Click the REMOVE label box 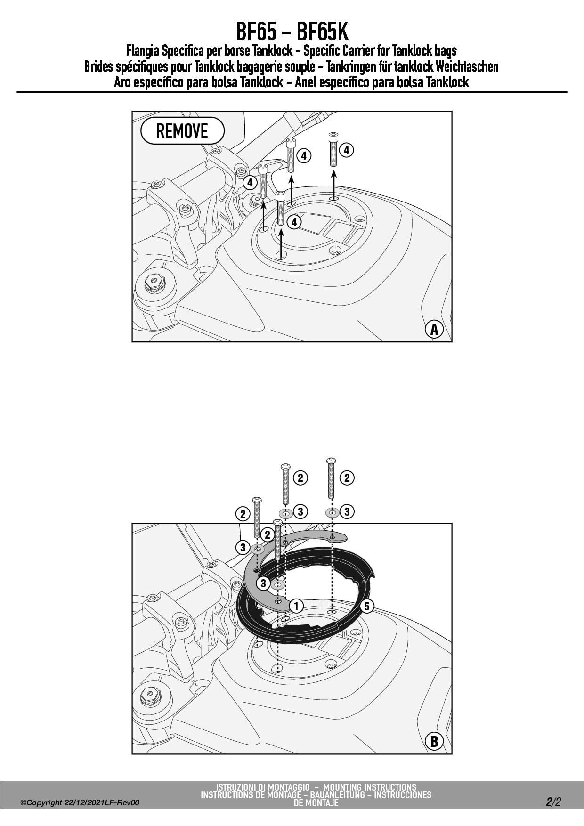tap(182, 130)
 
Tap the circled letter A tap(434, 329)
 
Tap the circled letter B tap(434, 742)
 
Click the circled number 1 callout tap(296, 606)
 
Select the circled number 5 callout tap(367, 606)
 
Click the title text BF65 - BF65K tap(292, 32)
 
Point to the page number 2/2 tap(554, 802)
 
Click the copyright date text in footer tap(80, 802)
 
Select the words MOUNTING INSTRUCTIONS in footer tap(370, 787)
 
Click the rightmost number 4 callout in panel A tap(346, 150)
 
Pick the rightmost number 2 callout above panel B tap(347, 478)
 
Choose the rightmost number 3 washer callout tap(347, 511)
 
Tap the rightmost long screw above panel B tap(332, 478)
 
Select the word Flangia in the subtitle tap(142, 50)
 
